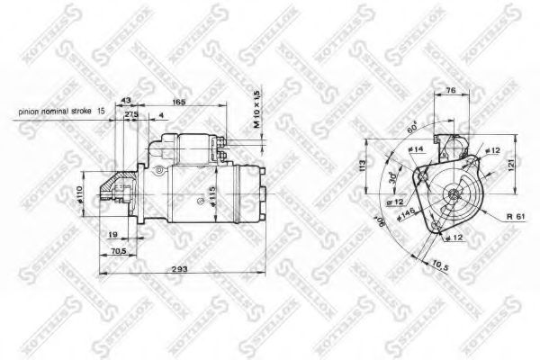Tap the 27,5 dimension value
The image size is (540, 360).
point(131,114)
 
